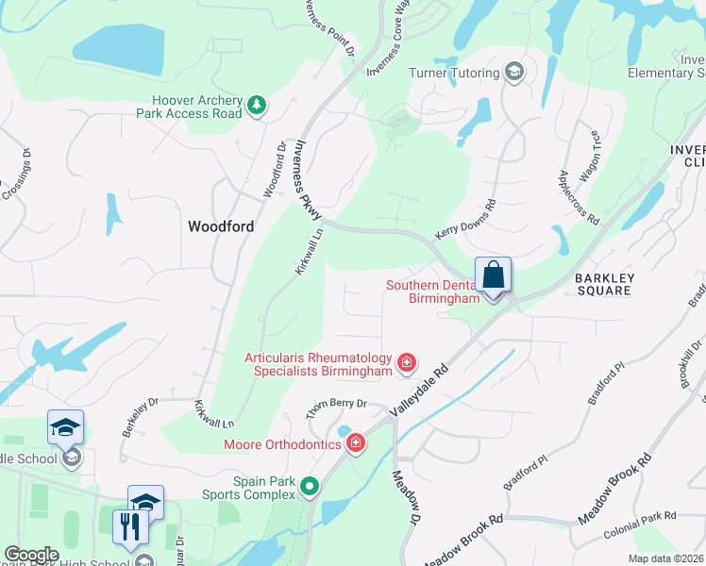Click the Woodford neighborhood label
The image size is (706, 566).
[x=221, y=226]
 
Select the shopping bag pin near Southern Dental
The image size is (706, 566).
[x=493, y=275]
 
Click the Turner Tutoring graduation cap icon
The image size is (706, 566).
[x=514, y=73]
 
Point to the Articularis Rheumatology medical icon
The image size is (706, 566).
[x=407, y=362]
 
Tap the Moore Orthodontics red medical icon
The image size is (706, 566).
[x=356, y=443]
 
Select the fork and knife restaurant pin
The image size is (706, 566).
[x=130, y=525]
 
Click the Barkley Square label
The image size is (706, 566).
[x=604, y=284]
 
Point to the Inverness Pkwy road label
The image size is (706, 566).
[x=308, y=179]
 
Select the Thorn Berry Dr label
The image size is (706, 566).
[x=335, y=408]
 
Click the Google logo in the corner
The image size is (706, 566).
[x=31, y=555]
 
